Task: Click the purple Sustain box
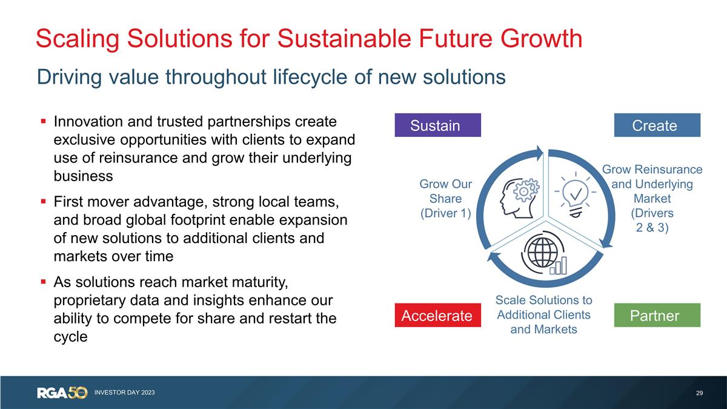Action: point(437,125)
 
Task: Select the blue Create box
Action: point(657,125)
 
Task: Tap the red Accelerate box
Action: point(437,316)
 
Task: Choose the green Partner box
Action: point(657,316)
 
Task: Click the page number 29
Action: point(699,393)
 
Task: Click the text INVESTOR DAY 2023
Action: point(124,393)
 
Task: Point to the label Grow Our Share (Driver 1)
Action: point(445,199)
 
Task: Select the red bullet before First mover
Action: point(44,200)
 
